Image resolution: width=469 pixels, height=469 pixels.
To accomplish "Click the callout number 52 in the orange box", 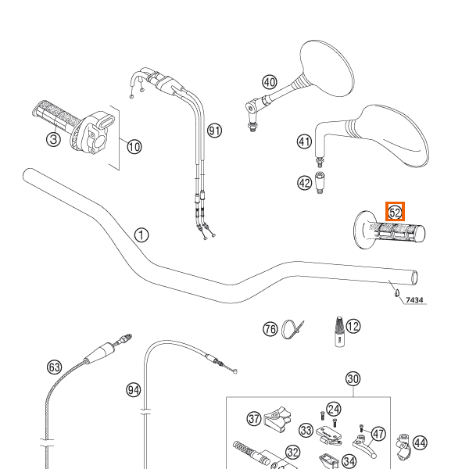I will [396, 212].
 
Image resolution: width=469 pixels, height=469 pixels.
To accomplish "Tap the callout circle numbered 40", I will [270, 82].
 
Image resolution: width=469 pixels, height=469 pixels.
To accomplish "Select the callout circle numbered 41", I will [304, 141].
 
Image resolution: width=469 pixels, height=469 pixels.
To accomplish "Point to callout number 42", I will [304, 183].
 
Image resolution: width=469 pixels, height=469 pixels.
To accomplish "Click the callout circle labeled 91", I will [214, 131].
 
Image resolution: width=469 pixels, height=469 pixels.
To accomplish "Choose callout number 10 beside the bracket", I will [134, 146].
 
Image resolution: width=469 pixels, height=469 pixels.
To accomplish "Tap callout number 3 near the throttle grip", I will [52, 140].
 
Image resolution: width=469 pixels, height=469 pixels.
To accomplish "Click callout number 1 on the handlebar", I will [141, 234].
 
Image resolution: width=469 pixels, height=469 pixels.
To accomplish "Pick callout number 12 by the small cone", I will [353, 326].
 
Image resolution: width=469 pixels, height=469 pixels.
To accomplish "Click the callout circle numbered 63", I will [54, 366].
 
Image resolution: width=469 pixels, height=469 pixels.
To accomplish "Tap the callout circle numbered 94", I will [133, 388].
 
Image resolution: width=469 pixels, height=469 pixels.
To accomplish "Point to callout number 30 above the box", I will [353, 380].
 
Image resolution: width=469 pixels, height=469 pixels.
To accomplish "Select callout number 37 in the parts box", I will [253, 420].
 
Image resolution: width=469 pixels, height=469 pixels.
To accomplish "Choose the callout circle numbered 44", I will [421, 443].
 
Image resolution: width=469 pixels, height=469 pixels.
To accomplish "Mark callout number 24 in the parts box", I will [334, 409].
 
